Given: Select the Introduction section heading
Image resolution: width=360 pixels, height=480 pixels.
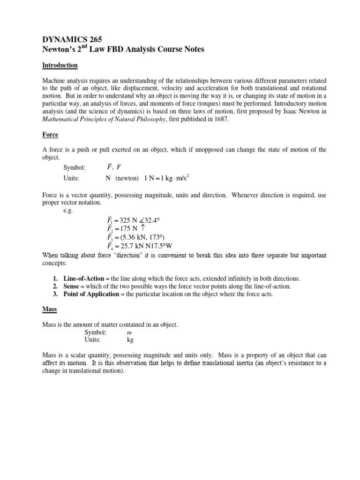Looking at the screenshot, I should point(60,65).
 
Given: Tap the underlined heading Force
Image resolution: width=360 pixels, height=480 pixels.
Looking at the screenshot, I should point(50,135).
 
